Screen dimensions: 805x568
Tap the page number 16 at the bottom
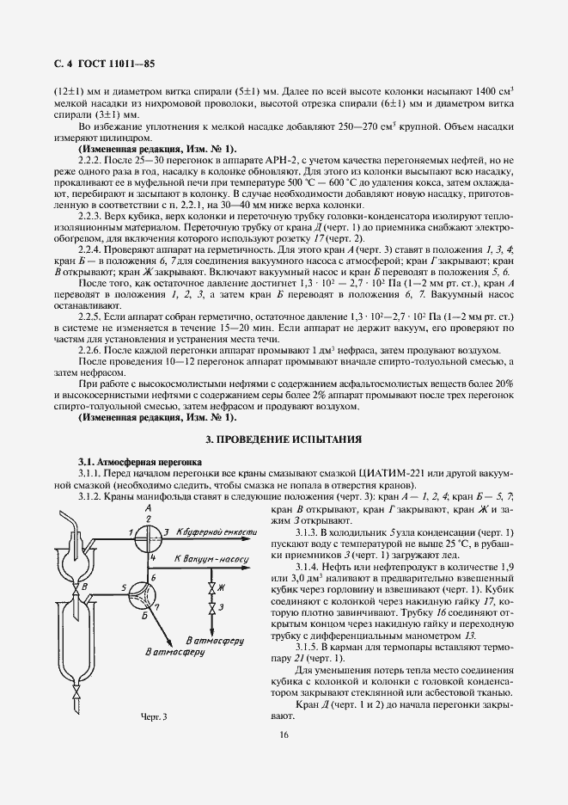pos(284,734)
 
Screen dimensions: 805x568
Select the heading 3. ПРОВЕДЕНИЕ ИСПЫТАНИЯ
pos(284,439)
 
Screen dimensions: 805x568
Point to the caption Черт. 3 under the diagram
pos(152,716)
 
